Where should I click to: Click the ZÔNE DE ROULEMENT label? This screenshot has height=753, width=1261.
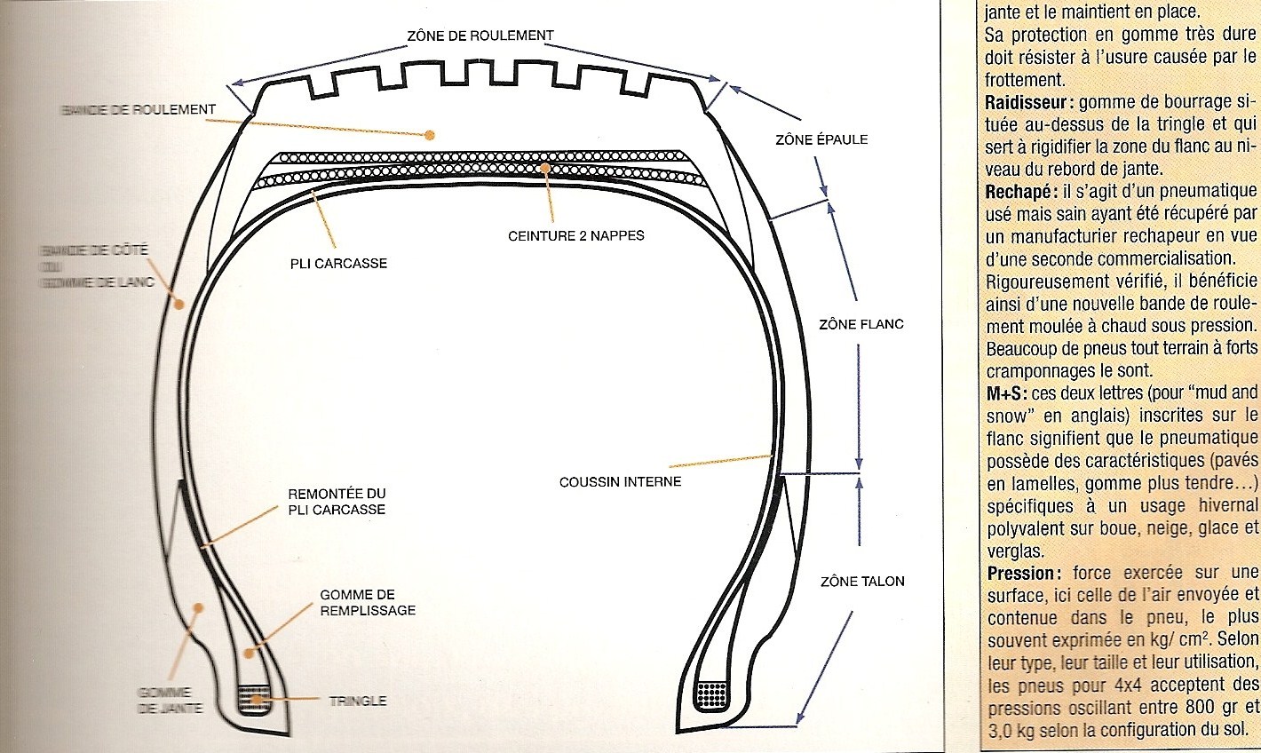[480, 36]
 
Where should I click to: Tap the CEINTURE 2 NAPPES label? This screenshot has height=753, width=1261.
[576, 235]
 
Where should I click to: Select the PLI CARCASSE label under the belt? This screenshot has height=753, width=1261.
[338, 263]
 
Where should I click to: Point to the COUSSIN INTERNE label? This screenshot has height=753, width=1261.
[620, 481]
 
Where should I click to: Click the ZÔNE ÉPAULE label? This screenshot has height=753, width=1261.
[821, 139]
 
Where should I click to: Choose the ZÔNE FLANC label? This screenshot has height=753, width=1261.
[860, 324]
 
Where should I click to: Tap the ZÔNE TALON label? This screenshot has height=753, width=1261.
[861, 581]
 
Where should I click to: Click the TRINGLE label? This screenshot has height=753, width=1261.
[358, 701]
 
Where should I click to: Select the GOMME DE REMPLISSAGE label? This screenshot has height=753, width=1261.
[368, 602]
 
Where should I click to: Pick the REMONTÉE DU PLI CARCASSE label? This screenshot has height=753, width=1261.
[337, 502]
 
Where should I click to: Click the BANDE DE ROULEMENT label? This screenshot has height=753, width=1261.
[139, 109]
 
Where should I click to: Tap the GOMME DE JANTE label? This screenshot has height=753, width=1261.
[170, 700]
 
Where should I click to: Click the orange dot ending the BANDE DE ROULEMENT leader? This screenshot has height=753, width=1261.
[429, 135]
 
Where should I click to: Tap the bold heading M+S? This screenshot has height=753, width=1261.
[1006, 392]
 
